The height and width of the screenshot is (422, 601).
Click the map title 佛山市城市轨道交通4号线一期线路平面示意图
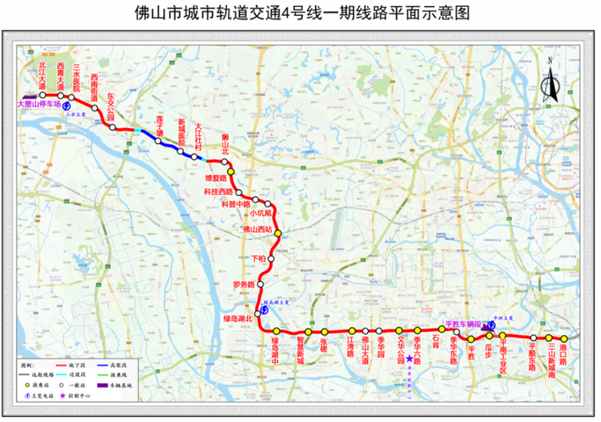[x=301, y=14]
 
